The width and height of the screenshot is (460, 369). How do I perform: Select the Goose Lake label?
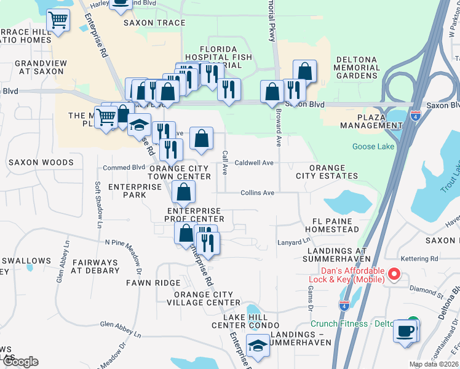coord(373,146)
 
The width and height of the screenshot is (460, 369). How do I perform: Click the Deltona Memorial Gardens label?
coord(355,68)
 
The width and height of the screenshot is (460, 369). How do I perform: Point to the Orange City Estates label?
coord(333,172)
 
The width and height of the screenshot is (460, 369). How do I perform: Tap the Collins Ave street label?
coord(257,192)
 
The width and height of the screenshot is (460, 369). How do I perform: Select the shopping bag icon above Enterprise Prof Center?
coord(184,192)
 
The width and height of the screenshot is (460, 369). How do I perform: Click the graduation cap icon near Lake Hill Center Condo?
coord(258,346)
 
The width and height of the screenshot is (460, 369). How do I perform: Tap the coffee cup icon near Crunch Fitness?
coord(405,331)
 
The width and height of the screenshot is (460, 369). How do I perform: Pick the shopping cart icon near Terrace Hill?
coord(58,20)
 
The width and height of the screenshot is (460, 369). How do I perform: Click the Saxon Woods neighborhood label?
coord(41,162)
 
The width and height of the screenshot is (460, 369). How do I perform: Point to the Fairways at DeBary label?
coord(95,266)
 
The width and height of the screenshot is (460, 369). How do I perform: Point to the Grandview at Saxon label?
coord(39,67)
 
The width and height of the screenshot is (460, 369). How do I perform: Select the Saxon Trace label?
coord(154,23)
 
